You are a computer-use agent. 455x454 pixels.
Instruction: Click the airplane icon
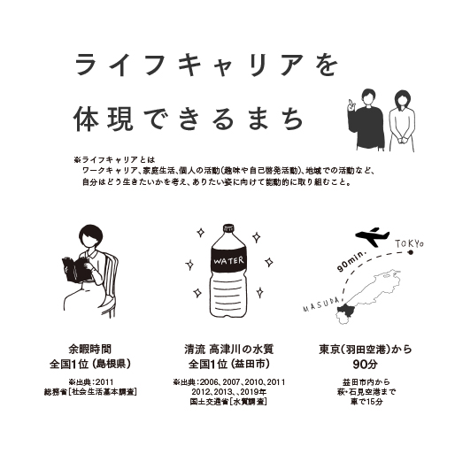click(x=372, y=236)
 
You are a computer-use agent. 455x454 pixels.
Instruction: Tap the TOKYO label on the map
click(x=409, y=244)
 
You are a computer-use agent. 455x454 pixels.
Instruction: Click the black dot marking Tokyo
click(x=410, y=252)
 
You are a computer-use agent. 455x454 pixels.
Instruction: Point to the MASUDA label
click(x=321, y=304)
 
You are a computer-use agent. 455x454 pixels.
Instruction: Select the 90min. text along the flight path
click(x=351, y=261)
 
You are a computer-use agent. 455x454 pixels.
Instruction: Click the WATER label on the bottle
click(x=228, y=261)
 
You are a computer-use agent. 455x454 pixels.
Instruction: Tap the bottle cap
click(x=228, y=228)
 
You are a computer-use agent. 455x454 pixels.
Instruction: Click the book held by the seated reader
click(x=76, y=270)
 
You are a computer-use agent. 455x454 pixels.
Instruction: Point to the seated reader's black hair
click(x=90, y=235)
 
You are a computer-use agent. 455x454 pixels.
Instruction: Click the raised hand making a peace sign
click(x=351, y=104)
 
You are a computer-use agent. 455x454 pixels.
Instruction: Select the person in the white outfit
click(x=401, y=121)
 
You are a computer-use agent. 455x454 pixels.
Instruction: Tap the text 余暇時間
click(x=90, y=350)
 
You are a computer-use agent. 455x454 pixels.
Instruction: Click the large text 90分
click(x=366, y=365)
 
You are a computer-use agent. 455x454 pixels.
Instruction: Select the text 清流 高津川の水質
click(x=228, y=350)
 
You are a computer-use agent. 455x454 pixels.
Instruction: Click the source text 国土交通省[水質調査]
click(x=228, y=402)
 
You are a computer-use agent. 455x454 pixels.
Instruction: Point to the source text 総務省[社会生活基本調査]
click(x=90, y=392)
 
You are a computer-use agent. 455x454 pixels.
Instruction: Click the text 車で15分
click(x=366, y=402)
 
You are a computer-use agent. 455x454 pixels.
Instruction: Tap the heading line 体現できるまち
click(x=189, y=119)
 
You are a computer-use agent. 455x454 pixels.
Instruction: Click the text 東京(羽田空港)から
click(x=366, y=350)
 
